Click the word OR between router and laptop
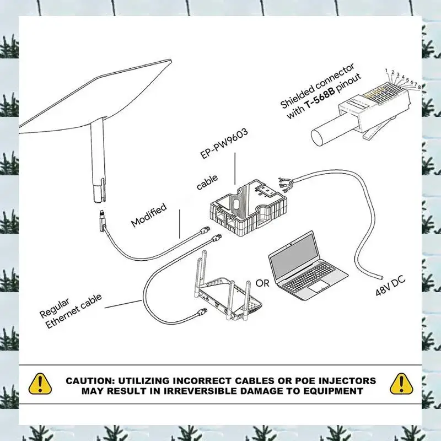tap(263, 283)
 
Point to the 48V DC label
tap(390, 286)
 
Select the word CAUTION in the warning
tap(91, 380)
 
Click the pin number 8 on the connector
tap(420, 87)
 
